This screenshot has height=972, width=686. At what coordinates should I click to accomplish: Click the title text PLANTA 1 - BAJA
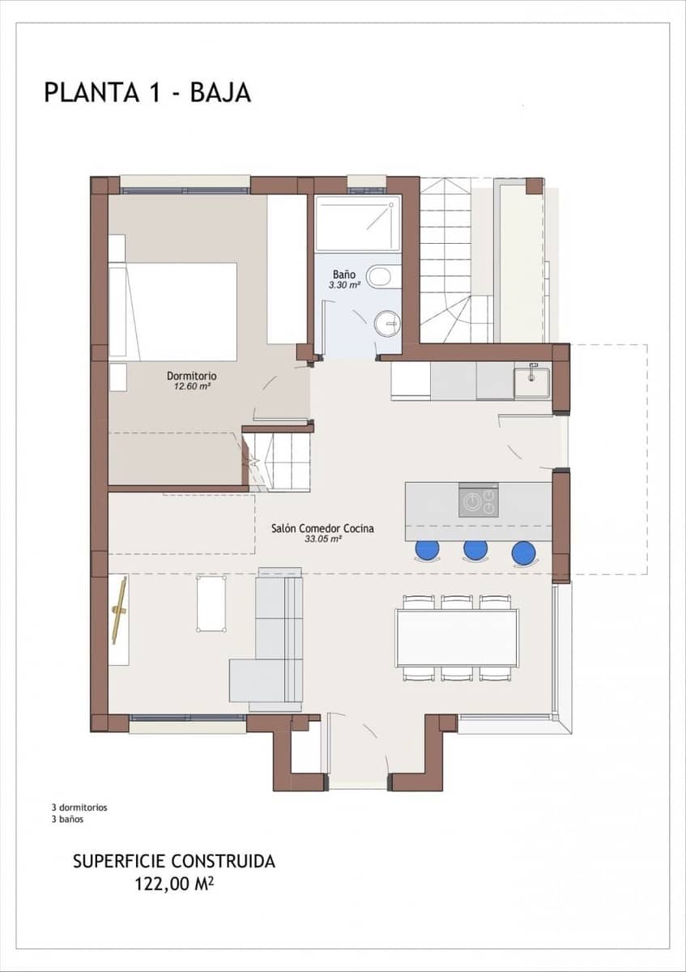(x=147, y=92)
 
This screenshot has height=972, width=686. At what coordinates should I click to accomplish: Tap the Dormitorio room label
(x=191, y=376)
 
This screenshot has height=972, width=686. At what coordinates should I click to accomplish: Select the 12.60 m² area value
(x=191, y=386)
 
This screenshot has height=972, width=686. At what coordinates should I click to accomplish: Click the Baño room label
(x=343, y=275)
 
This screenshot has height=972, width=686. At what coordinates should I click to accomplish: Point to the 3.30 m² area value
(x=343, y=285)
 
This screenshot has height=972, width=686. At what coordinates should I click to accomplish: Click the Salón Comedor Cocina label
(x=322, y=528)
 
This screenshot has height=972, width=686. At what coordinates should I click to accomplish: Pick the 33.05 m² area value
(x=322, y=539)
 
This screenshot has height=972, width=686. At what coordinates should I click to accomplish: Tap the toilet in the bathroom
(x=379, y=278)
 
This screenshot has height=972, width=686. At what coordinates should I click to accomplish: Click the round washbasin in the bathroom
(x=388, y=324)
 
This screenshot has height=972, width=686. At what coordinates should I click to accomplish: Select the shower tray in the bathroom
(x=357, y=224)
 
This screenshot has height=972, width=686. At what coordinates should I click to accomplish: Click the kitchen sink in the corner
(x=532, y=382)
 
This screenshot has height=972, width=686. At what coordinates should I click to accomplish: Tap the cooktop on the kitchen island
(x=479, y=501)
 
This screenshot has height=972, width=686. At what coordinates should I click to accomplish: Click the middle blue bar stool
(x=475, y=551)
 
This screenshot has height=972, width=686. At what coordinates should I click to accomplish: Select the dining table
(x=457, y=637)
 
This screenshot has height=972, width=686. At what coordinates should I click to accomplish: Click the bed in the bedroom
(x=180, y=312)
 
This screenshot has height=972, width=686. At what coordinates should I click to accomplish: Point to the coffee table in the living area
(x=211, y=603)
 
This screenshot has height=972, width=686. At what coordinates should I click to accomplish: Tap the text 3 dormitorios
(x=79, y=808)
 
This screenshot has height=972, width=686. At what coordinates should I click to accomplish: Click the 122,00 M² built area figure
(x=174, y=885)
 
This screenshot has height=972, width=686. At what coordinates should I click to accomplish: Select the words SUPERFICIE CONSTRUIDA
(x=174, y=861)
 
